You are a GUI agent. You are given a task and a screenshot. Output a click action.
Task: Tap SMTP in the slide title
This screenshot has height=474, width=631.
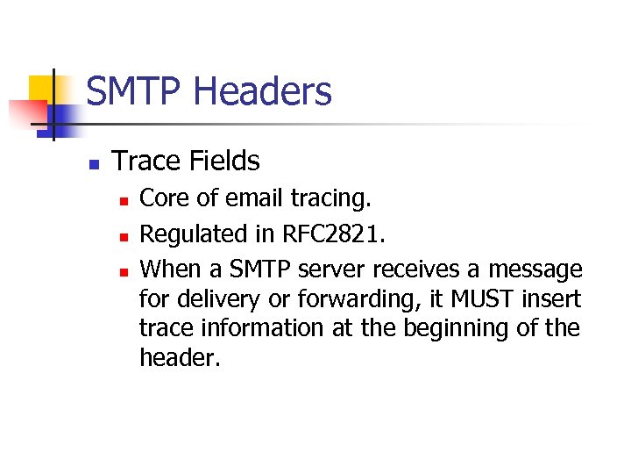135,91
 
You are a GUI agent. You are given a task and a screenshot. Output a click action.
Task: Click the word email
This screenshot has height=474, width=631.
249,199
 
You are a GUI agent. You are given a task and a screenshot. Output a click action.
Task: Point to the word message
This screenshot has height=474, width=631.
535,268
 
